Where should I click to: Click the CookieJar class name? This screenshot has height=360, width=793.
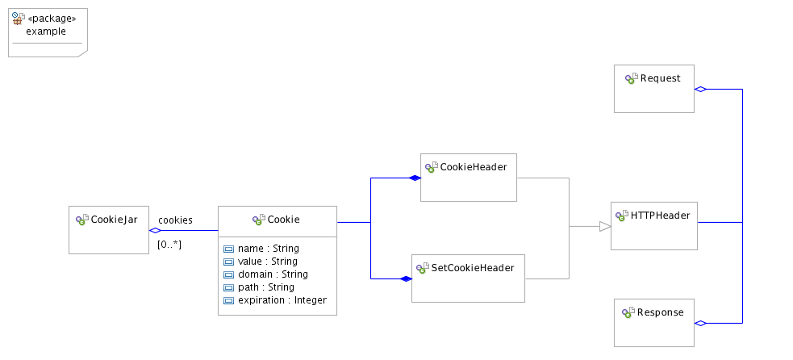[x=114, y=220]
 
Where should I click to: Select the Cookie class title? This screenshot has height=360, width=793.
[x=283, y=219]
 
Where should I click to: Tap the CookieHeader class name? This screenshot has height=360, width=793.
[x=473, y=167]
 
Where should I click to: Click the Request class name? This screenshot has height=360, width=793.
[x=660, y=78]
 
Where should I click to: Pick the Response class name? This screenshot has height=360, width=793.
[x=662, y=312]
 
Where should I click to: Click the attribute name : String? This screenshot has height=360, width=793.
[x=269, y=249]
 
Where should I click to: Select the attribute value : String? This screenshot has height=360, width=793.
[x=268, y=262]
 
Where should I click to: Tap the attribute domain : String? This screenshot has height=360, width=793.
[x=273, y=274]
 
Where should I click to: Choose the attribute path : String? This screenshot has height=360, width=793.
[x=266, y=287]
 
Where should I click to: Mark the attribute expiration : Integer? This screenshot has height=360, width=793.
[x=282, y=300]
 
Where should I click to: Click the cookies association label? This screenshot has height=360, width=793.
[x=175, y=220]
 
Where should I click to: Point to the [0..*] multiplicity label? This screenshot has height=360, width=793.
[x=169, y=244]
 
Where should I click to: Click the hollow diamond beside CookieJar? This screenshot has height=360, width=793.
[x=156, y=231]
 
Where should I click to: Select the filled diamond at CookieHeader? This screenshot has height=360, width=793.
[x=415, y=178]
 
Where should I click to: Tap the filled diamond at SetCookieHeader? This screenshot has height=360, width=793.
[x=406, y=278]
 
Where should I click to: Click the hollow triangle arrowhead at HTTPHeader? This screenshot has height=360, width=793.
[x=604, y=227]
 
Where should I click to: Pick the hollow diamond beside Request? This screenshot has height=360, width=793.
[x=700, y=89]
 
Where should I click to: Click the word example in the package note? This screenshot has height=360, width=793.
[x=46, y=31]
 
